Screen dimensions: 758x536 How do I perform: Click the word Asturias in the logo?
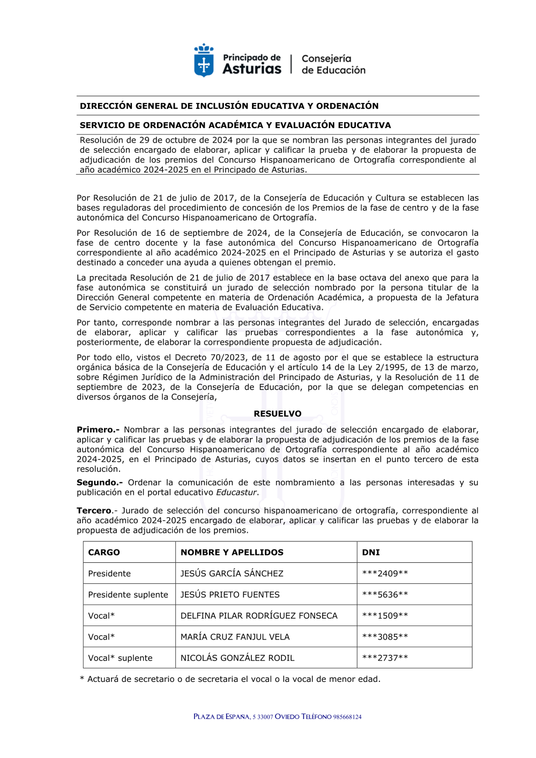click(x=251, y=69)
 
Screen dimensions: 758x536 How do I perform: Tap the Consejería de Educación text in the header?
click(x=333, y=64)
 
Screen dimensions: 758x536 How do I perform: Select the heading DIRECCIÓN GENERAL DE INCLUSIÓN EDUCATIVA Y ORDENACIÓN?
click(x=229, y=106)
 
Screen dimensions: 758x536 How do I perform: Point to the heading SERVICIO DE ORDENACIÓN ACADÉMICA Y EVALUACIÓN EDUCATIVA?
click(x=235, y=125)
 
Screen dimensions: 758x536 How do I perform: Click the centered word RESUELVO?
click(x=278, y=414)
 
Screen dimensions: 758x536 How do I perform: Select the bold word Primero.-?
click(x=98, y=430)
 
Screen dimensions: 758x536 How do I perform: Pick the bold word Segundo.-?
click(x=100, y=482)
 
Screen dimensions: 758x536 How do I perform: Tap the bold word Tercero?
click(x=94, y=511)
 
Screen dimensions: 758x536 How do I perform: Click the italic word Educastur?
click(x=236, y=493)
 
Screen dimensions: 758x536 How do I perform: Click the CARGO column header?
click(x=104, y=552)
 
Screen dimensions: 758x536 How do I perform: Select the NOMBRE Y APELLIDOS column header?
click(x=232, y=552)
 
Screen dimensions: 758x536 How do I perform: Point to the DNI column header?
click(x=371, y=552)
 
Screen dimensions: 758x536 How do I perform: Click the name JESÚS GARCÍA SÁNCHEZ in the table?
click(x=232, y=574)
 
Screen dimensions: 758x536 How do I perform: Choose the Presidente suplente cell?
click(x=128, y=594)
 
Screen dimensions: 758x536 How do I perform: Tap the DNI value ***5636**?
click(x=385, y=594)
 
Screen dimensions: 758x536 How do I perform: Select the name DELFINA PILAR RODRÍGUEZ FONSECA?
click(x=259, y=616)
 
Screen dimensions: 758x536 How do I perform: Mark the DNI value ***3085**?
click(x=385, y=637)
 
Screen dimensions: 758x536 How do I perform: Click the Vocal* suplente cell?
click(x=120, y=658)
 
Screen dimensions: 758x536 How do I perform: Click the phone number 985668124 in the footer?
click(x=347, y=717)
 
